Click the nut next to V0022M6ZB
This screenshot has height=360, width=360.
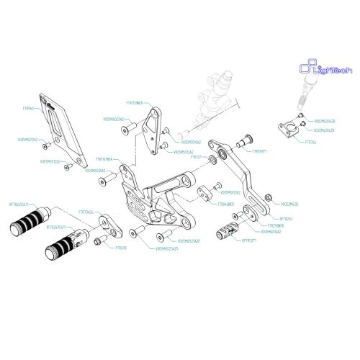(x=269, y=197)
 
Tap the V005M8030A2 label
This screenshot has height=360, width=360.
(x=97, y=171)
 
